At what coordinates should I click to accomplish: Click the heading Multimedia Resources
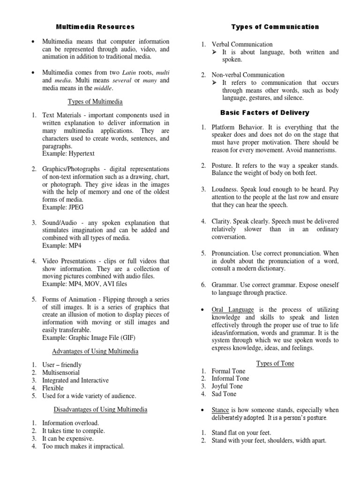(95, 27)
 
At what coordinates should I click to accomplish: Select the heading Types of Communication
(275, 27)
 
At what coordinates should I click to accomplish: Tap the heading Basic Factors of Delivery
(265, 113)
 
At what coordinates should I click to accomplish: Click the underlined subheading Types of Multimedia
(95, 101)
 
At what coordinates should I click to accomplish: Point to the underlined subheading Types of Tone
(275, 363)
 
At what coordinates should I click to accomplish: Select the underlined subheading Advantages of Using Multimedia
(95, 352)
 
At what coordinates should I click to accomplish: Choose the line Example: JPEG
(63, 207)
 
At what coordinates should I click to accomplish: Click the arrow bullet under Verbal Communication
(215, 52)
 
